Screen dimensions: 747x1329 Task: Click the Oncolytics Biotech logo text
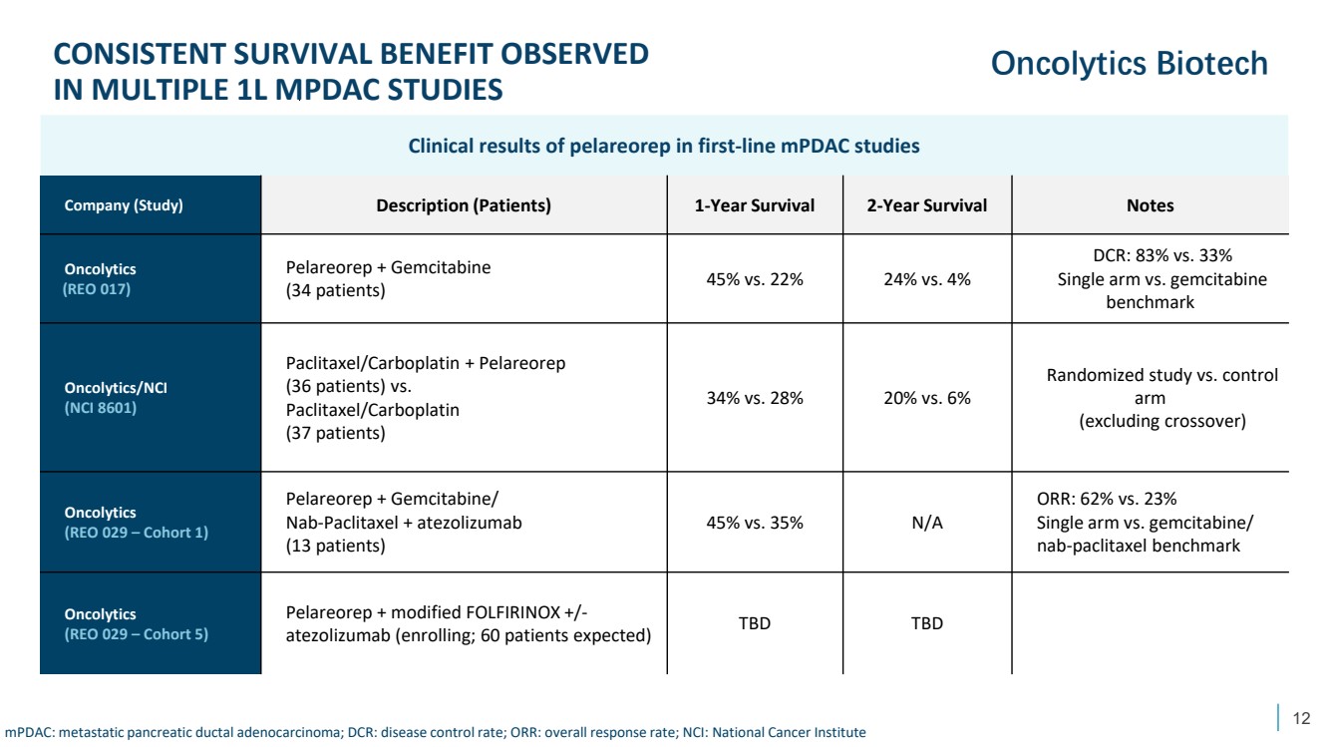click(1129, 64)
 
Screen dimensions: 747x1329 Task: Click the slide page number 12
click(1300, 717)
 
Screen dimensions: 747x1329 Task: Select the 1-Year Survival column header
click(754, 205)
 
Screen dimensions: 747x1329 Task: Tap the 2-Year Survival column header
click(926, 205)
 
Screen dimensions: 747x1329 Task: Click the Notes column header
click(1150, 205)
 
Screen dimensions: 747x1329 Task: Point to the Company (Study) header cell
click(124, 206)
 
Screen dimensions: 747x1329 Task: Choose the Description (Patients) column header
click(463, 205)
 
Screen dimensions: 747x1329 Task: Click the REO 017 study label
click(97, 288)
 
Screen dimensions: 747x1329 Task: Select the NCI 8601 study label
click(101, 407)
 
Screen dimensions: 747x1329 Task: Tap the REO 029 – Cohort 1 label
click(136, 533)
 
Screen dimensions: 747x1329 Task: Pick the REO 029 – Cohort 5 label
click(136, 633)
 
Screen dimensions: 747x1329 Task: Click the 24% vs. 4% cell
click(926, 279)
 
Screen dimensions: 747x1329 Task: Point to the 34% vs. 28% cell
click(754, 398)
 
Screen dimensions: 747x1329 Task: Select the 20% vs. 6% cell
click(926, 398)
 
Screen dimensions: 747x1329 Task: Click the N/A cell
click(926, 523)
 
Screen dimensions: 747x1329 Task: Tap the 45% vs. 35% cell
click(754, 523)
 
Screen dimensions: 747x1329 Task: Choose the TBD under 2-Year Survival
click(926, 623)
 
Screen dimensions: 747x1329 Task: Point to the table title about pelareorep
click(663, 146)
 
